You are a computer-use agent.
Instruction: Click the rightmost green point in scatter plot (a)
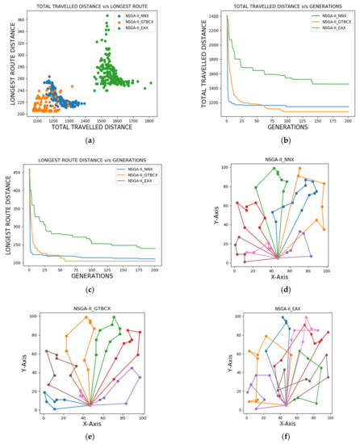click(x=151, y=82)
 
